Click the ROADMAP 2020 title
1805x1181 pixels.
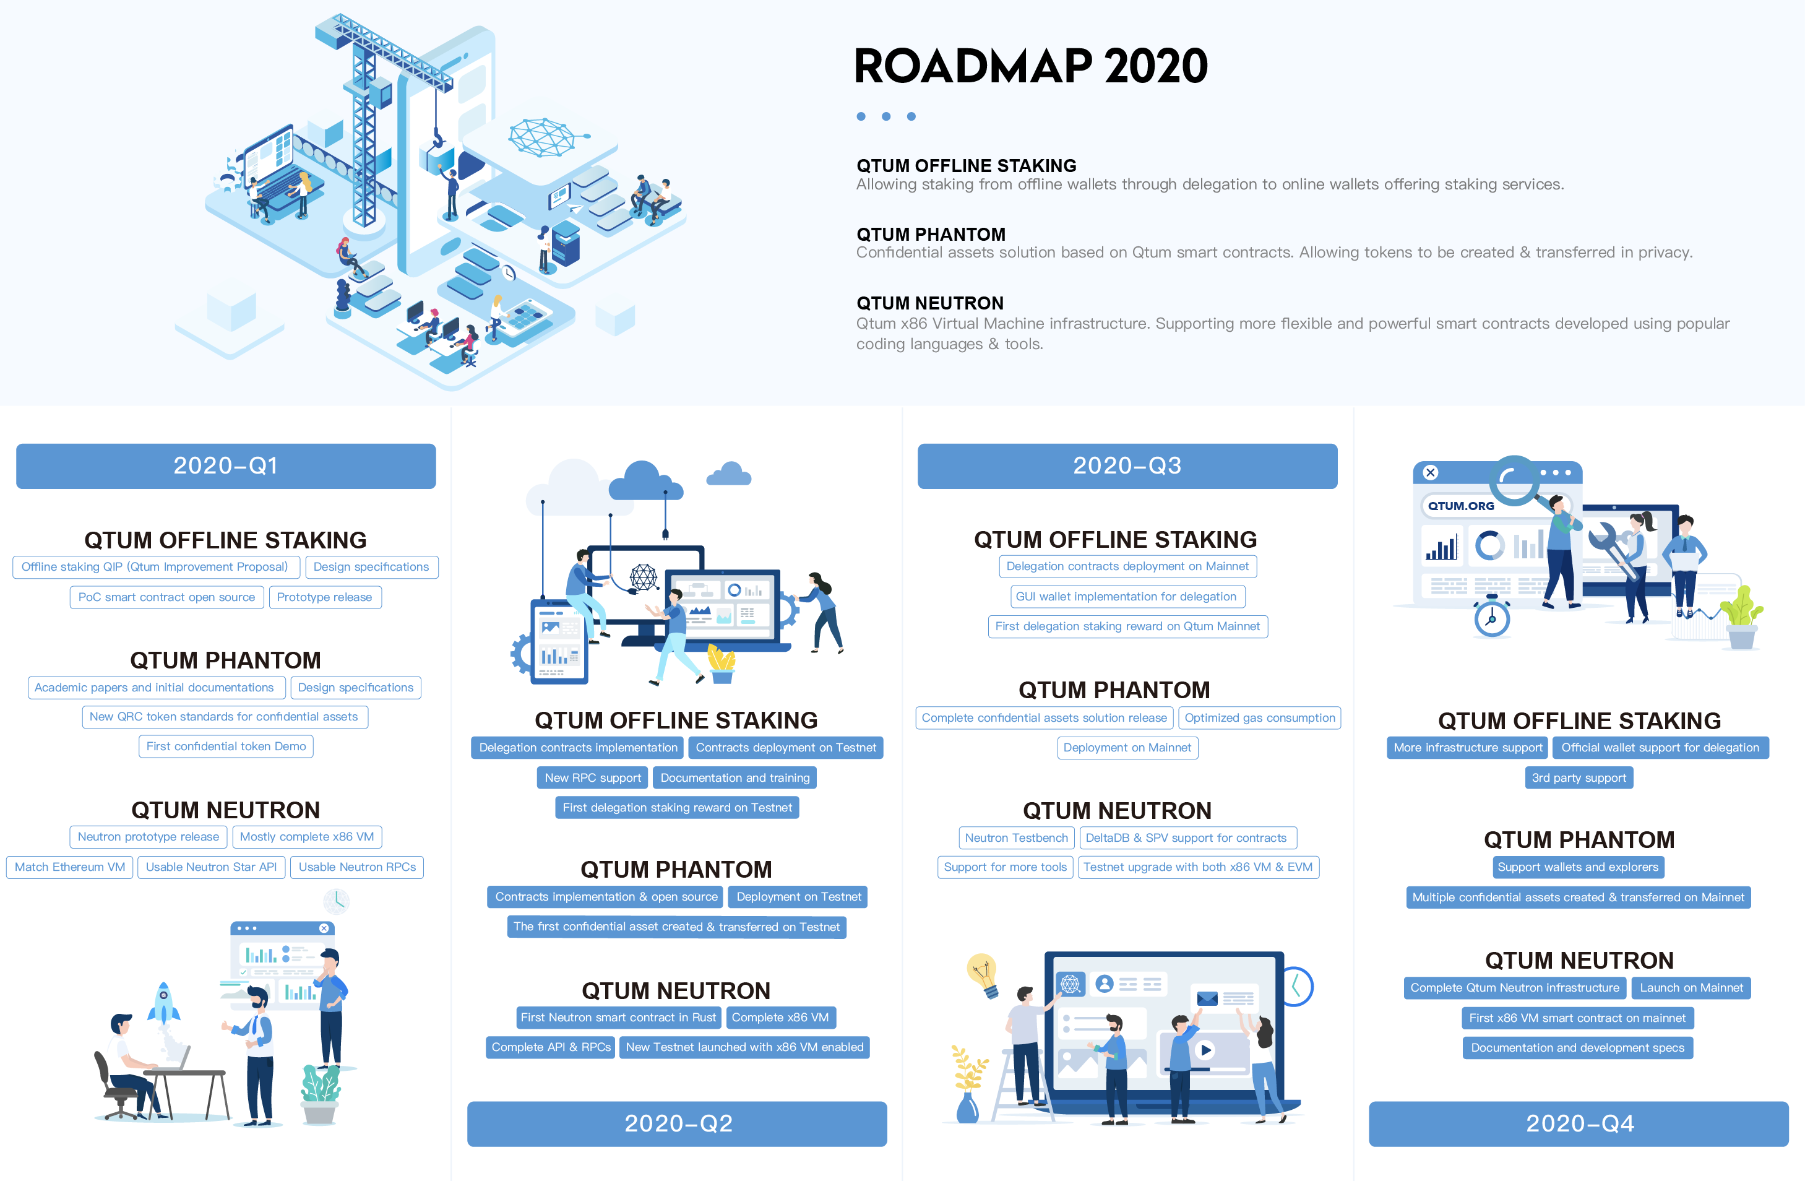1030,66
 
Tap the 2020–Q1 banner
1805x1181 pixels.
226,465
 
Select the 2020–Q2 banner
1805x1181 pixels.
677,1123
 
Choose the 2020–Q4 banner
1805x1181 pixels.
1579,1123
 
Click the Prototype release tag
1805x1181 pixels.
325,597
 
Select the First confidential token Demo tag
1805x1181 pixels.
226,746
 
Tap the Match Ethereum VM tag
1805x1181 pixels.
70,867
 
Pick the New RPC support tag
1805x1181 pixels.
593,777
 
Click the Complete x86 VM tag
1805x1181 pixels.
780,1017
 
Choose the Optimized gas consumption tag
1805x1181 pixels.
1260,717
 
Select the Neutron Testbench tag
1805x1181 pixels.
1016,837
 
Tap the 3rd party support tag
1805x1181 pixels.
1579,777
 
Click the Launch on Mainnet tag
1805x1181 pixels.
1691,988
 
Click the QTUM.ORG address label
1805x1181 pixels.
1461,506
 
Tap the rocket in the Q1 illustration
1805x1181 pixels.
163,1005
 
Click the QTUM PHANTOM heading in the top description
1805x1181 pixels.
931,235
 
